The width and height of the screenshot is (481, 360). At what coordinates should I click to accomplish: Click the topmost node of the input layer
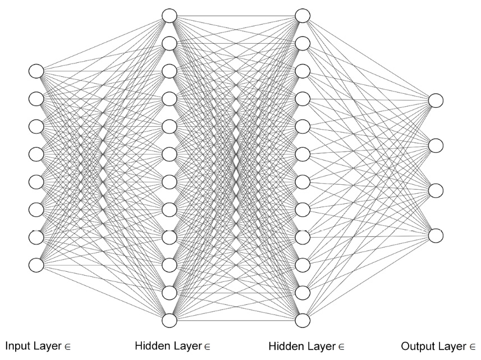click(36, 71)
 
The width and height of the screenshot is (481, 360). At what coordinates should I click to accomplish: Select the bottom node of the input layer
click(36, 264)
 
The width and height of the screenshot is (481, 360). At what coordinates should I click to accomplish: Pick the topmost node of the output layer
click(436, 101)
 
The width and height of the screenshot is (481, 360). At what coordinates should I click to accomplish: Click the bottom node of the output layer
click(436, 235)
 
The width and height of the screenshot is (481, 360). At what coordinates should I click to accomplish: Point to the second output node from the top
click(436, 145)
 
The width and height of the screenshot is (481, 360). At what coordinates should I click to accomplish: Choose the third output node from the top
click(436, 190)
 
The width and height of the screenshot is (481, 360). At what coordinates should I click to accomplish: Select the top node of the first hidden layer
click(170, 16)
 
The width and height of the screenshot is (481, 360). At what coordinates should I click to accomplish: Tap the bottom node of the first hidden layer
click(170, 320)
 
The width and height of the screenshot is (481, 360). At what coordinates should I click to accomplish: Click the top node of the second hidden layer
click(303, 16)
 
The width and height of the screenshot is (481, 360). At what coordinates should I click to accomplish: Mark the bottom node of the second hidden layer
click(303, 320)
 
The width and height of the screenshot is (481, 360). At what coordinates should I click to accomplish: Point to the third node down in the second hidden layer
click(303, 71)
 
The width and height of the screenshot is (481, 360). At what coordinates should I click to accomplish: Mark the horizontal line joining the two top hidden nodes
click(236, 16)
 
